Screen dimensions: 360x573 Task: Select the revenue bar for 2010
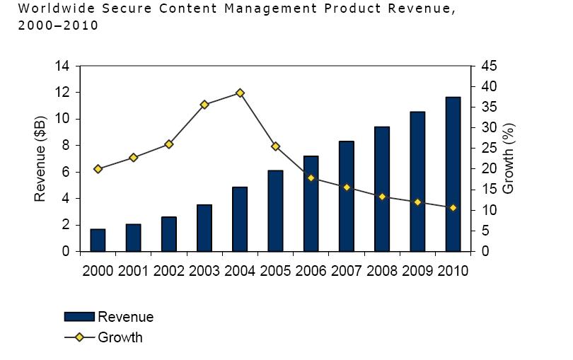coord(453,174)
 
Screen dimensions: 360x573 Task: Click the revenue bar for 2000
coord(98,240)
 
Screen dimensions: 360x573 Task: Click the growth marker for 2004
coord(240,93)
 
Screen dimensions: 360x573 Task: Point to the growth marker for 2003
coord(204,105)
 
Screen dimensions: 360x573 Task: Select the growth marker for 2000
coord(98,169)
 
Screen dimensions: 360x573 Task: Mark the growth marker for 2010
coord(453,208)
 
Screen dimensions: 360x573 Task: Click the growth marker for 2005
coord(275,146)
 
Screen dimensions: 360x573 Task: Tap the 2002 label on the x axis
coord(169,271)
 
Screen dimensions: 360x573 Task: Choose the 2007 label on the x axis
coord(347,271)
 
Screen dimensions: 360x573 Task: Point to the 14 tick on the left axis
coord(62,66)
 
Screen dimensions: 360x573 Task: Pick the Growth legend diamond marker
coord(79,337)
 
